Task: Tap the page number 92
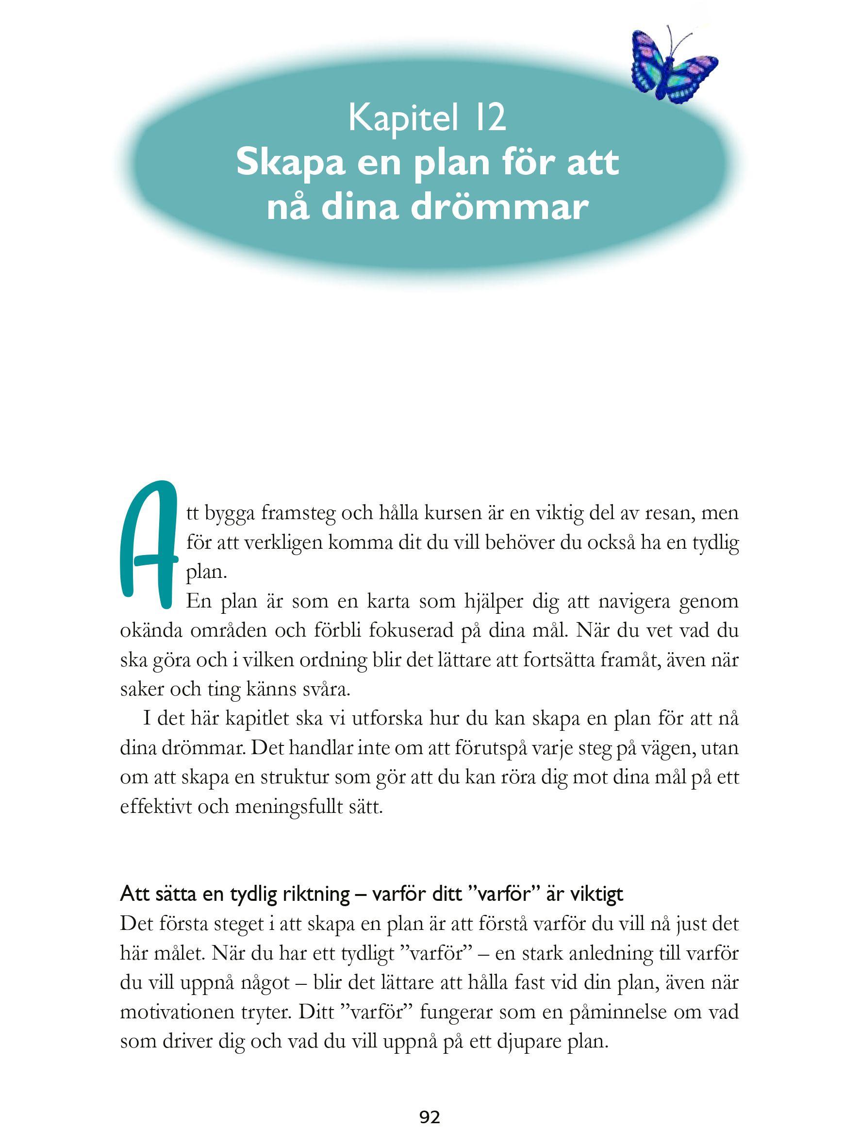[x=430, y=1113]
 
